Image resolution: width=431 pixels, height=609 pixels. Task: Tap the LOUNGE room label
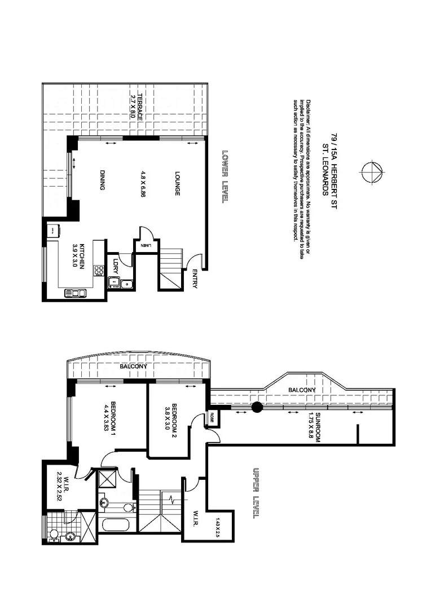click(177, 184)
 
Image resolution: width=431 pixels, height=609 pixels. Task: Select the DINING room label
click(103, 180)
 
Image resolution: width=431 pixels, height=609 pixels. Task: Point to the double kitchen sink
click(75, 293)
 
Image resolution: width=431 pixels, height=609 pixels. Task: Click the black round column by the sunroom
click(257, 407)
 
